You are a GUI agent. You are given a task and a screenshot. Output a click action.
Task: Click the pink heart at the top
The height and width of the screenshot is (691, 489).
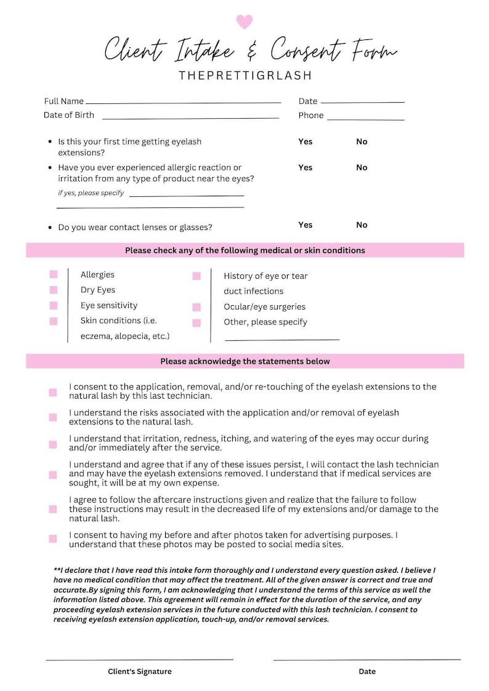click(244, 22)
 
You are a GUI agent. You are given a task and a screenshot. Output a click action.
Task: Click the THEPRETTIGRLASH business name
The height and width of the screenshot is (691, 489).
click(245, 76)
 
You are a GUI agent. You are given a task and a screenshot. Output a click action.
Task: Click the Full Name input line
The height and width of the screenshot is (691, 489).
click(183, 102)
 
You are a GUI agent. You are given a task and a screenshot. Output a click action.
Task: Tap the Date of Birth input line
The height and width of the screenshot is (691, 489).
click(190, 117)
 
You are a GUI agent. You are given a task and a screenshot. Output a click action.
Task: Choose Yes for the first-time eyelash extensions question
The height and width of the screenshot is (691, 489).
click(305, 142)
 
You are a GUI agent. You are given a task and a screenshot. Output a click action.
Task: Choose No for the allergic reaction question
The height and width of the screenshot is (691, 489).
click(362, 167)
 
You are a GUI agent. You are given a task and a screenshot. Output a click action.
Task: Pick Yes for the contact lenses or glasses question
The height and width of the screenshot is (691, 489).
click(305, 225)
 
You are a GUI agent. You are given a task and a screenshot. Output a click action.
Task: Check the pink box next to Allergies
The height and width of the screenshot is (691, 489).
click(54, 274)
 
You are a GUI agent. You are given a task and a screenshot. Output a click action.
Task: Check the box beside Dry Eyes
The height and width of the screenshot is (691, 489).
click(54, 290)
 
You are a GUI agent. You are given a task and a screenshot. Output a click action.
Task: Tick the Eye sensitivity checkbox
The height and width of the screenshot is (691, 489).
click(54, 305)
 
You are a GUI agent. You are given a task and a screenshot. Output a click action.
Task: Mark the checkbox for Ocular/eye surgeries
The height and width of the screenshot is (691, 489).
click(196, 307)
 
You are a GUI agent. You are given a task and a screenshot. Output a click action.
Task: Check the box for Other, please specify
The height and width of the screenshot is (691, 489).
click(196, 322)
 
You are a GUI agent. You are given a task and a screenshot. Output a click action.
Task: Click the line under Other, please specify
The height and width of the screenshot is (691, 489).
click(281, 338)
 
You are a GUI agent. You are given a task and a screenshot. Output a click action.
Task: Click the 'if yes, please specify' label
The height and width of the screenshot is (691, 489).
click(91, 193)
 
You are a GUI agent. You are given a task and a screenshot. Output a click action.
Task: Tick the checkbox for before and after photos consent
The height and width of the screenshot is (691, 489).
click(53, 538)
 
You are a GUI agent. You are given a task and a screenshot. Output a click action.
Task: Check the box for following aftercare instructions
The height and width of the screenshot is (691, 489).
click(53, 509)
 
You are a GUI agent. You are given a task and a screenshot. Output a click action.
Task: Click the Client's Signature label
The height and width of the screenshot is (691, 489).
click(139, 671)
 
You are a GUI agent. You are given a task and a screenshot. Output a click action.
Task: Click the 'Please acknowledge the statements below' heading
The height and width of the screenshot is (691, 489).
click(244, 361)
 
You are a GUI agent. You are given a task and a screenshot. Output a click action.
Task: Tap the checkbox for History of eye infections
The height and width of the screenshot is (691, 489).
click(196, 276)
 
